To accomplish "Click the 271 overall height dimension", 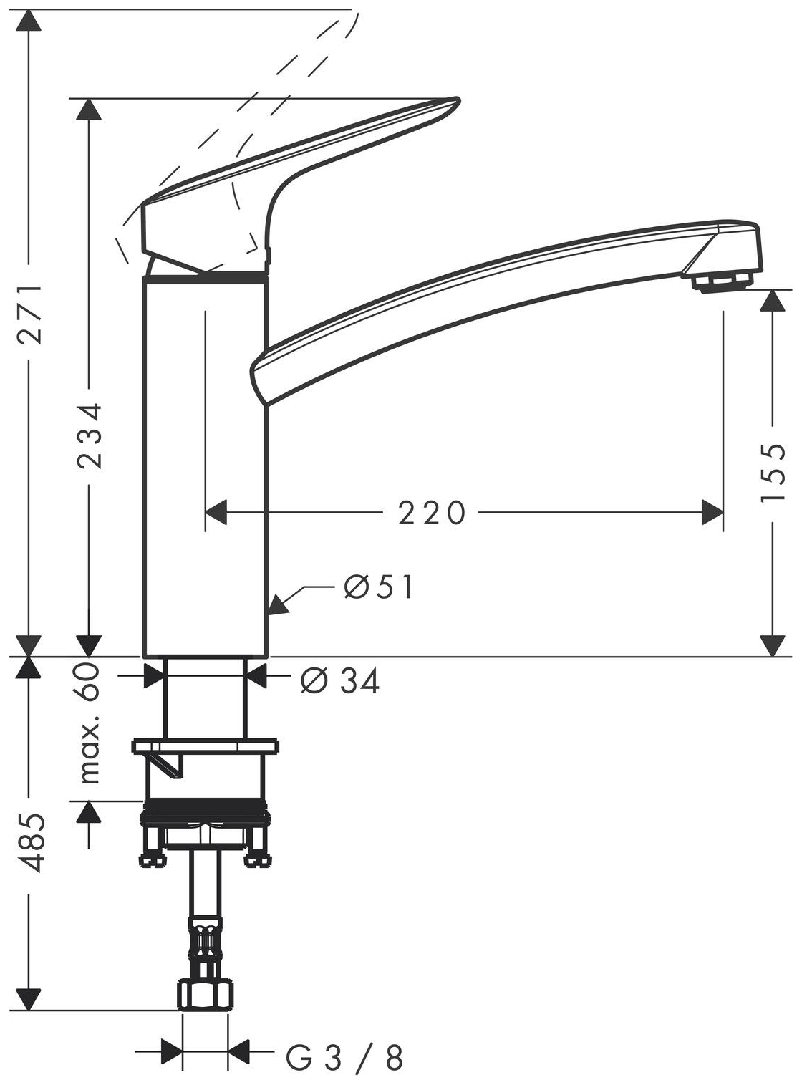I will pyautogui.click(x=29, y=313).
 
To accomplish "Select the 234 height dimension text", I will pyautogui.click(x=90, y=435).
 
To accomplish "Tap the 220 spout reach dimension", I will pyautogui.click(x=432, y=513).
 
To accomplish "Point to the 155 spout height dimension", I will pyautogui.click(x=773, y=473).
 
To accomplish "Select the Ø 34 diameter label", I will pyautogui.click(x=340, y=681).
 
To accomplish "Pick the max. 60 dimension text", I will pyautogui.click(x=90, y=723).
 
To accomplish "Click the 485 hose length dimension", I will pyautogui.click(x=31, y=842).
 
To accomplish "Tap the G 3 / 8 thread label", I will pyautogui.click(x=344, y=1058).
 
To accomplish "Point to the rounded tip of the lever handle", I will pyautogui.click(x=450, y=105).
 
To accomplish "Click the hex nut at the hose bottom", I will pyautogui.click(x=206, y=995).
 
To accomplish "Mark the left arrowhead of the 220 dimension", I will pyautogui.click(x=216, y=512).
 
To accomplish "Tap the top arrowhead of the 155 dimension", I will pyautogui.click(x=772, y=301).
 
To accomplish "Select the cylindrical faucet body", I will pyautogui.click(x=206, y=466).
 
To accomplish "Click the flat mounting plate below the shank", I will pyautogui.click(x=206, y=746).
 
